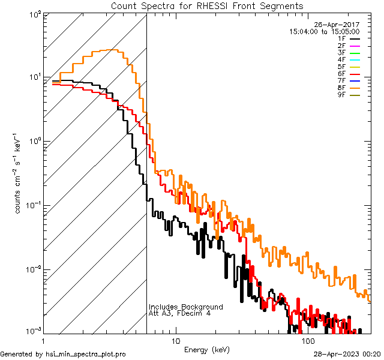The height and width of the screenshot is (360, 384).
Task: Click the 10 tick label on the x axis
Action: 175,341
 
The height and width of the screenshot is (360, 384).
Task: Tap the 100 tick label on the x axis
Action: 308,341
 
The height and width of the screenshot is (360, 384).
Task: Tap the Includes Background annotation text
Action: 186,307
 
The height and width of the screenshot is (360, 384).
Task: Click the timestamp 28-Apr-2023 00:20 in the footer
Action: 347,354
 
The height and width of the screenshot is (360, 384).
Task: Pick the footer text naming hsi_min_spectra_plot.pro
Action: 63,355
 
